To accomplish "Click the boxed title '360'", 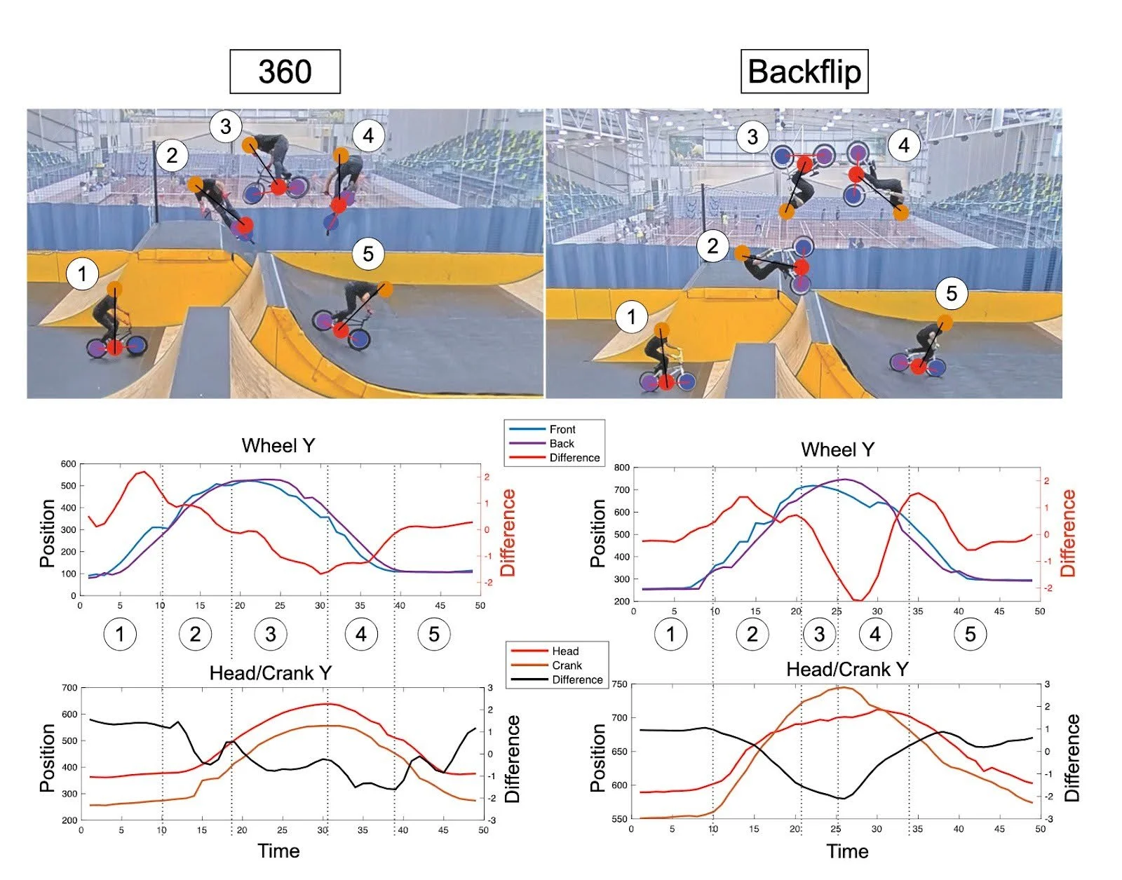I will point(285,72).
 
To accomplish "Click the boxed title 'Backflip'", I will point(804,72).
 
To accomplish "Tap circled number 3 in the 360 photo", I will point(225,127).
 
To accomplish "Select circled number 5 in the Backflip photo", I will point(951,293).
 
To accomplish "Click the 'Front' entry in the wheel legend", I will point(562,429).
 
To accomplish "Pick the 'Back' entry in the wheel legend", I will point(562,443).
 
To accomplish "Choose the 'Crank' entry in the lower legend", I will point(567,665).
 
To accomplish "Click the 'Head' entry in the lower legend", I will point(565,651).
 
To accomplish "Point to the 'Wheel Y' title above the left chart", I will point(278,445).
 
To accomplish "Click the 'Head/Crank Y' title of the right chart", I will point(847,670).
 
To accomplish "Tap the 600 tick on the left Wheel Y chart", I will point(68,463).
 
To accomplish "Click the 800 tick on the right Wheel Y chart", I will point(621,467).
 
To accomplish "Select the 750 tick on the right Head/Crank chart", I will point(621,684).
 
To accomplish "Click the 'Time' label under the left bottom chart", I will point(278,851).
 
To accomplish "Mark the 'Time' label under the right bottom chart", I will point(847,851).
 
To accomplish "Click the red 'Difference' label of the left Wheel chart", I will point(508,533).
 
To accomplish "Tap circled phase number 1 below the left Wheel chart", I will point(120,634).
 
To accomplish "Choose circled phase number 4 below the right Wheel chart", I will point(874,634).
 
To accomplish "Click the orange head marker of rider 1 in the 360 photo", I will point(115,289).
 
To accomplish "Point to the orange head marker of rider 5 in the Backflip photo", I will point(945,323).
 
